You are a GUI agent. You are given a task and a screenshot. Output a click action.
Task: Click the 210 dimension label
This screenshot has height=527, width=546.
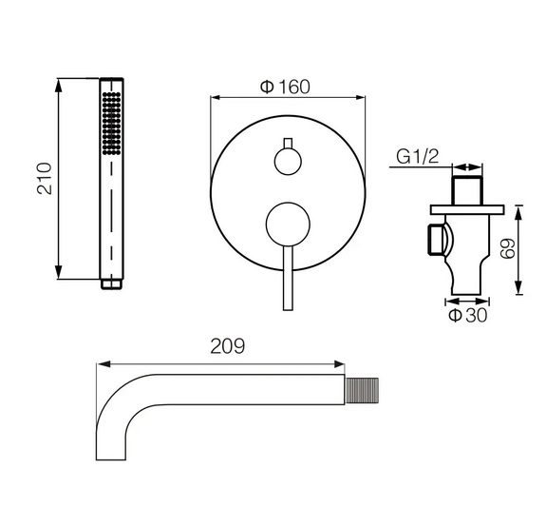tap(45, 178)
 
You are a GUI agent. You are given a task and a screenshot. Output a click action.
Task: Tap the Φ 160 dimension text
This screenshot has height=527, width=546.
tap(285, 87)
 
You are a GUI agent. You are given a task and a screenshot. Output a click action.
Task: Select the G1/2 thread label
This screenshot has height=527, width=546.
tap(418, 157)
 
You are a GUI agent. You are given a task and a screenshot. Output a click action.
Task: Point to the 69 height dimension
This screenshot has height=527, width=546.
tap(508, 248)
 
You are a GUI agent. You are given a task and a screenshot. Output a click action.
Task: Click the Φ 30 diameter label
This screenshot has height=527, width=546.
tap(467, 315)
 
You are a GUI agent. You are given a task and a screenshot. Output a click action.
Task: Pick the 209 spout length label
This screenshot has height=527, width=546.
tap(228, 346)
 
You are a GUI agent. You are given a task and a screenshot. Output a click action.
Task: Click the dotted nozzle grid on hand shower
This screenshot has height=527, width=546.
tap(112, 123)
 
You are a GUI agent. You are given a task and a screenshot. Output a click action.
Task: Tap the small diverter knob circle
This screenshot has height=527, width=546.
tap(288, 162)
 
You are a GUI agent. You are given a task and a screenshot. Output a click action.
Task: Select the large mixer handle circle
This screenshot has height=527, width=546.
tap(288, 224)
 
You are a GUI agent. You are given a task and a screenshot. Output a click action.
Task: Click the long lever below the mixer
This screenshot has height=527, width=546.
tap(288, 278)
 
